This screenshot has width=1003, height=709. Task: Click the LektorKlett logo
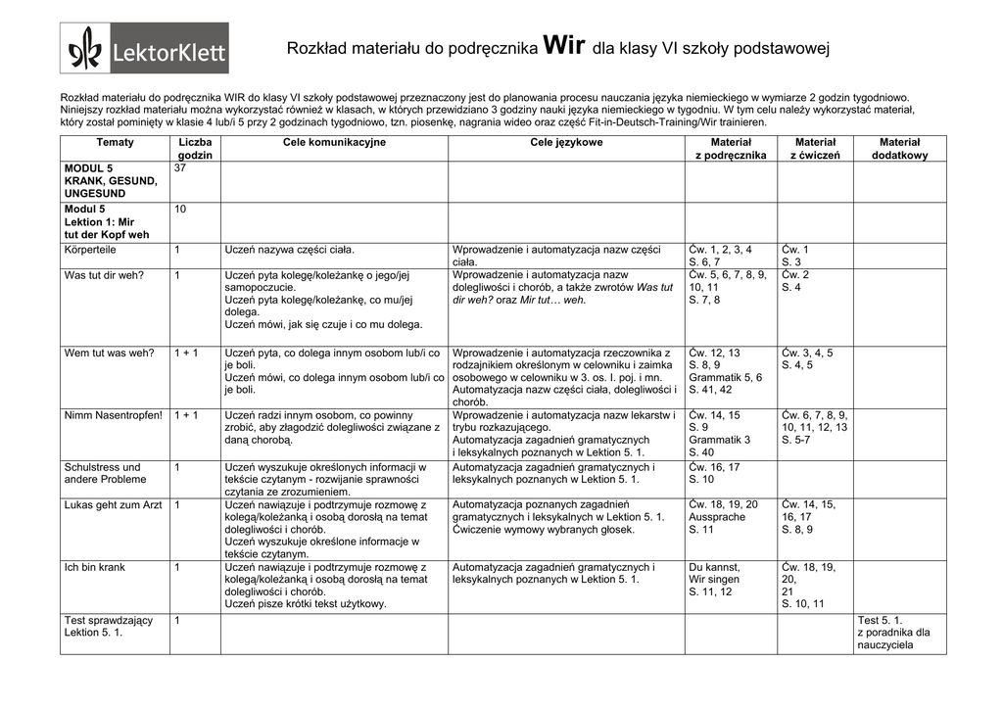[144, 48]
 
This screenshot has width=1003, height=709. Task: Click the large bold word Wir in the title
[562, 45]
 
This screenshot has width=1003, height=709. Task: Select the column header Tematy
[115, 143]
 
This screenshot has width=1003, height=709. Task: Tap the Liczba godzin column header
[195, 149]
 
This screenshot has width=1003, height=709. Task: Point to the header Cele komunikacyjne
[334, 143]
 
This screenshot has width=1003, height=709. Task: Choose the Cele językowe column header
[566, 143]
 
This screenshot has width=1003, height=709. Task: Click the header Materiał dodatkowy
[899, 149]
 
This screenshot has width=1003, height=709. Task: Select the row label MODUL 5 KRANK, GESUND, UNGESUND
[111, 181]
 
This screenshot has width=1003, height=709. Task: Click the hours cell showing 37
[180, 168]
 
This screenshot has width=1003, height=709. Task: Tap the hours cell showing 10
[180, 210]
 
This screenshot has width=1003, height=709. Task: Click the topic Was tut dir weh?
[104, 275]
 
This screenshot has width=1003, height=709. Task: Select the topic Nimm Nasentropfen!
[114, 415]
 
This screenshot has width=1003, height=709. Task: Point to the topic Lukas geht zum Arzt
[114, 504]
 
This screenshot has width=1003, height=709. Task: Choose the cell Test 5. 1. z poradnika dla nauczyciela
[893, 633]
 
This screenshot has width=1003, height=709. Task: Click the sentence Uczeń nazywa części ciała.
[290, 250]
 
